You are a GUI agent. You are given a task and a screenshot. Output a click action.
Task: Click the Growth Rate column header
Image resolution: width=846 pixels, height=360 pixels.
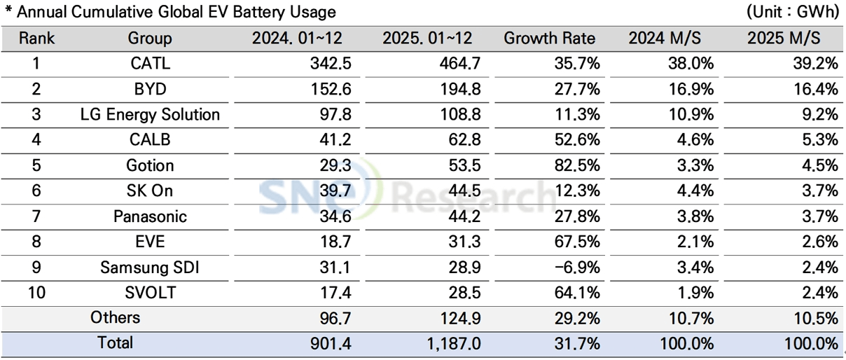549,39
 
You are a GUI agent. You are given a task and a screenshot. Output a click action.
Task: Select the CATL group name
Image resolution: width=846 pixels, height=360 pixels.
150,64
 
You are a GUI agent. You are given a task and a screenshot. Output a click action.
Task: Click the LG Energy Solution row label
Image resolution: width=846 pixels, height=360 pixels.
150,114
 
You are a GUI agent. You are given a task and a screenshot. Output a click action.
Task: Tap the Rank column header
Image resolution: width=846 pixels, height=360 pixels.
36,39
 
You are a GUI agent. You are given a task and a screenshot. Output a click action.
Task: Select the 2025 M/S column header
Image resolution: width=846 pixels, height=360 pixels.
783,39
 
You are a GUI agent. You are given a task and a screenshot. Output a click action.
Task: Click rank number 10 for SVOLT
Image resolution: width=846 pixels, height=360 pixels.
36,292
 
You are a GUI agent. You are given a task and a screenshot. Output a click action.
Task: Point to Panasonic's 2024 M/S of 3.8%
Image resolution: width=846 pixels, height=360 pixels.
695,216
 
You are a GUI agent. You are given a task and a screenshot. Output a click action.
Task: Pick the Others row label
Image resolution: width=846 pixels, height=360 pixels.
116,317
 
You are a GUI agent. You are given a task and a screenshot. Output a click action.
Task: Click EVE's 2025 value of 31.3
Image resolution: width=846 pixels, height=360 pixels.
465,242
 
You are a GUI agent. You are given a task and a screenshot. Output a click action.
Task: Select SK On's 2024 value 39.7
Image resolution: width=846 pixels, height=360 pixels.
335,191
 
